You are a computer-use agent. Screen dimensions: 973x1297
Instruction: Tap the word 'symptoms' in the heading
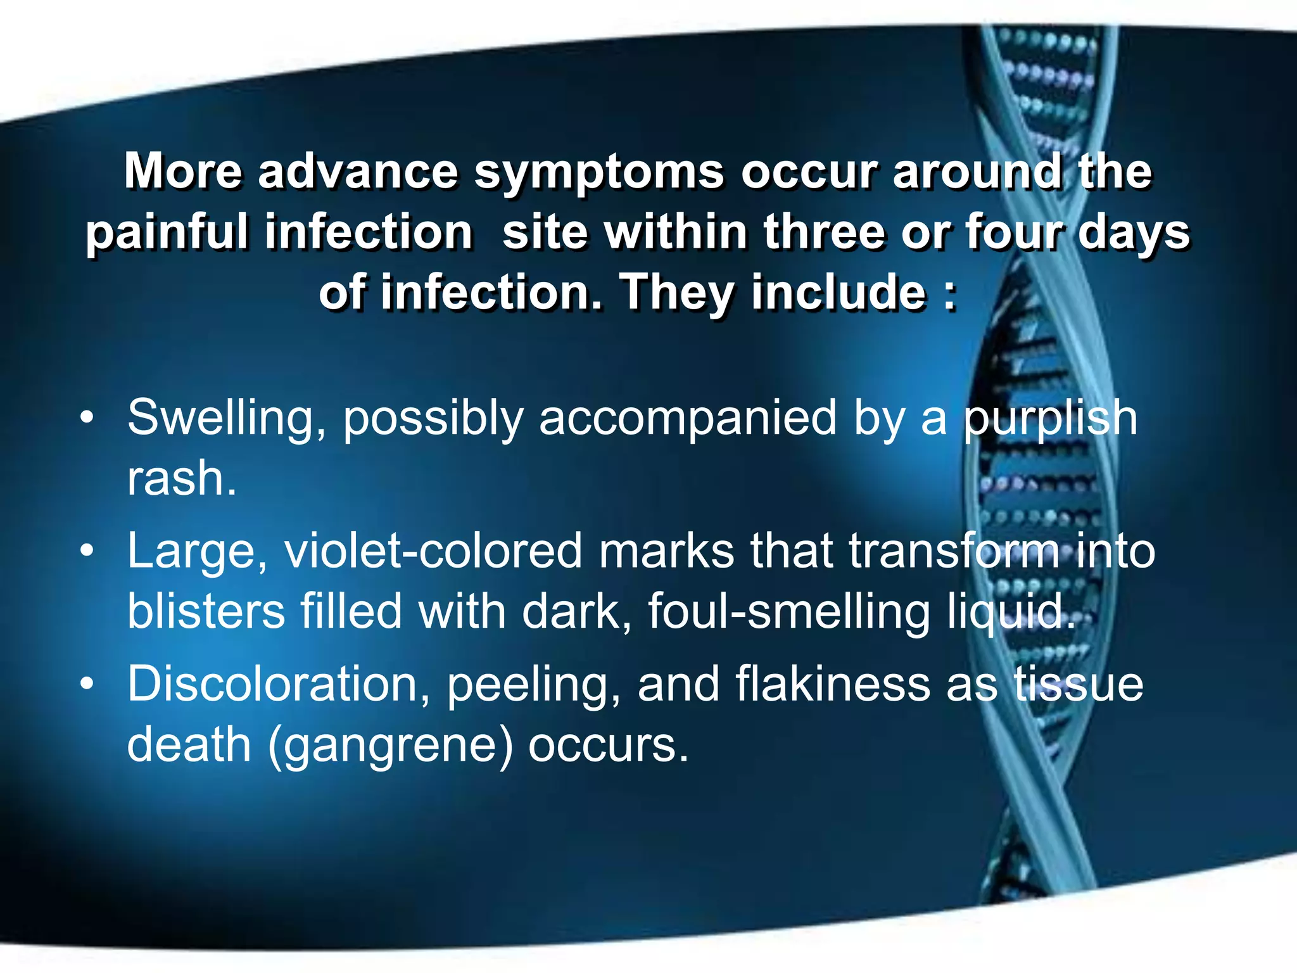[x=598, y=173]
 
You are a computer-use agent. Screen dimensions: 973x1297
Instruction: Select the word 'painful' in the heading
[x=167, y=232]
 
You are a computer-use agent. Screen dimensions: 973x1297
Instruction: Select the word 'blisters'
[x=206, y=611]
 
